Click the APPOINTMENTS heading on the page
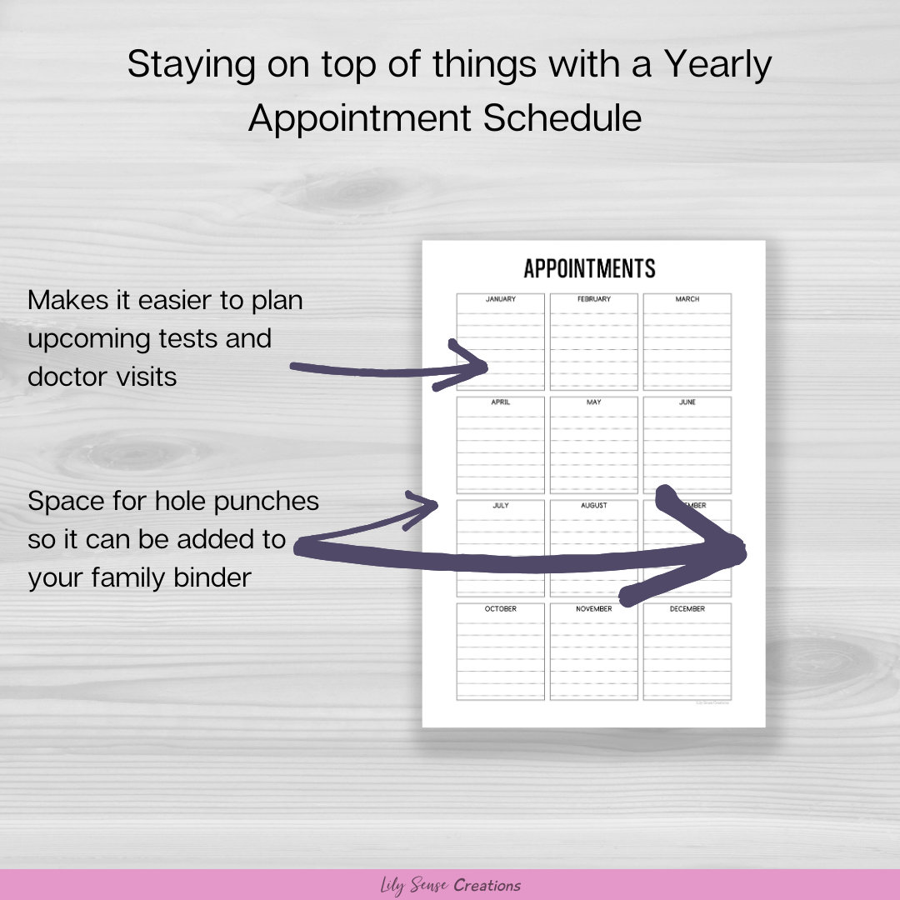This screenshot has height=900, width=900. click(589, 268)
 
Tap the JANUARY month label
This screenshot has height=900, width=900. click(500, 299)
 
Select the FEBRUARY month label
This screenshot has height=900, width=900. click(593, 299)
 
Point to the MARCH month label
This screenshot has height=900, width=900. click(687, 299)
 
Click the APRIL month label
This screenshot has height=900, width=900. click(500, 402)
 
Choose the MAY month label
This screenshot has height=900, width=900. click(593, 402)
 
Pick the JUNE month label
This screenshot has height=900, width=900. click(687, 402)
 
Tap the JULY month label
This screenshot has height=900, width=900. click(500, 506)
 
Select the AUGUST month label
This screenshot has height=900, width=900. click(593, 506)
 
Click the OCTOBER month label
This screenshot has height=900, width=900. click(500, 609)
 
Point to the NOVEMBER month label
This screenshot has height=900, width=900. click(593, 609)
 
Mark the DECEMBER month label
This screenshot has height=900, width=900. click(687, 609)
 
